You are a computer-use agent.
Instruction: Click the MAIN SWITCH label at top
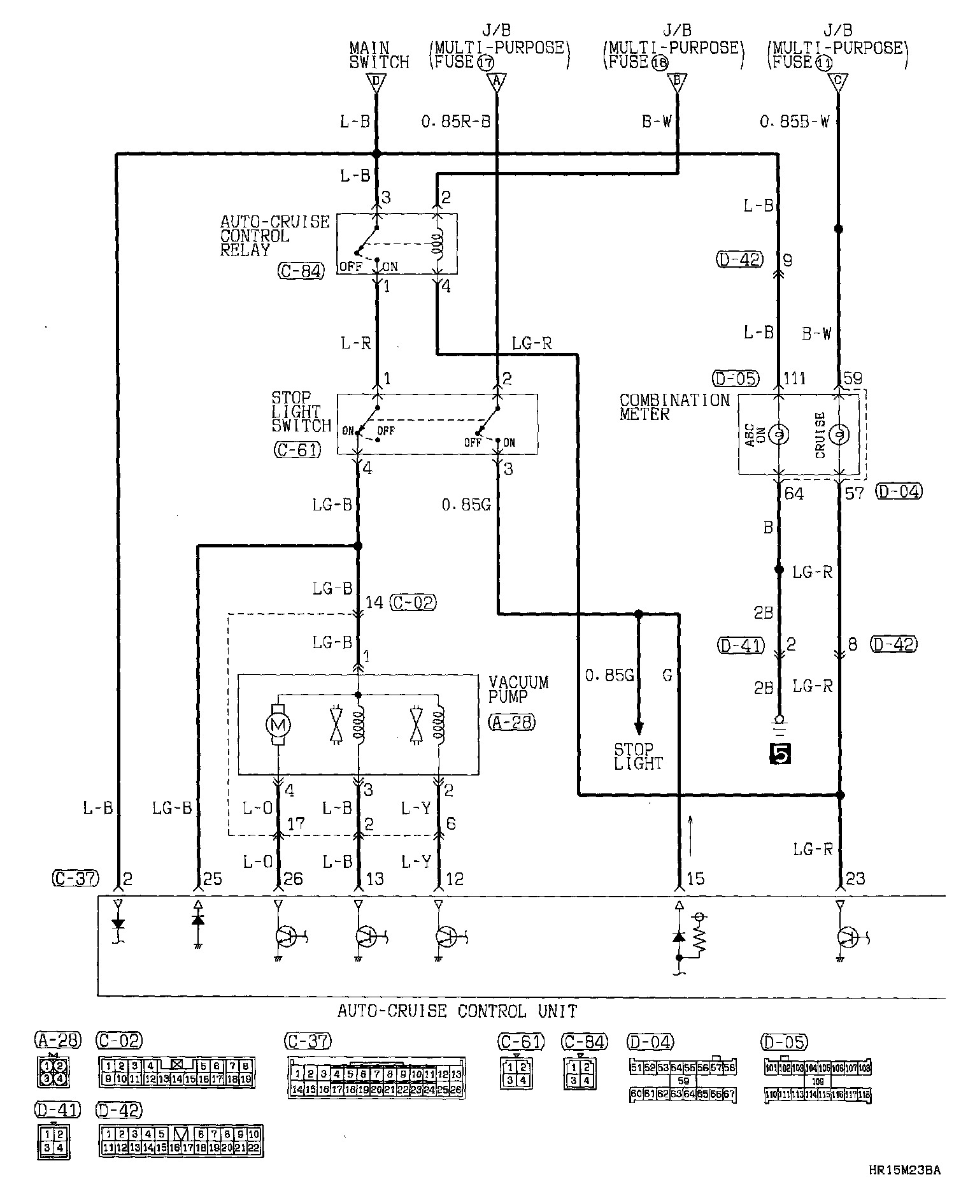[378, 55]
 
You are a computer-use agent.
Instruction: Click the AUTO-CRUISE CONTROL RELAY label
[274, 236]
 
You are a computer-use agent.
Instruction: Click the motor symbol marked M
[279, 724]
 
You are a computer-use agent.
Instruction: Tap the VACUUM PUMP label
[518, 689]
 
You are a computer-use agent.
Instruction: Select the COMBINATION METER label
[674, 407]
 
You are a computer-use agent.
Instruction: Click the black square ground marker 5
[780, 753]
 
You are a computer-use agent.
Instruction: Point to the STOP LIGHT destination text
[638, 756]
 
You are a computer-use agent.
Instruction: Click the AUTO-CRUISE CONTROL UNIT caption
[457, 1011]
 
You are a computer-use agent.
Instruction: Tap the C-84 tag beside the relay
[301, 271]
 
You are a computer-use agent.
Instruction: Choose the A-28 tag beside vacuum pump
[511, 722]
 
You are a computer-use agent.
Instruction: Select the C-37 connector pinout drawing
[376, 1078]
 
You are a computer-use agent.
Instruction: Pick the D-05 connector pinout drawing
[817, 1078]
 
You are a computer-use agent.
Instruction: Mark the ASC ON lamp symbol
[778, 435]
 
